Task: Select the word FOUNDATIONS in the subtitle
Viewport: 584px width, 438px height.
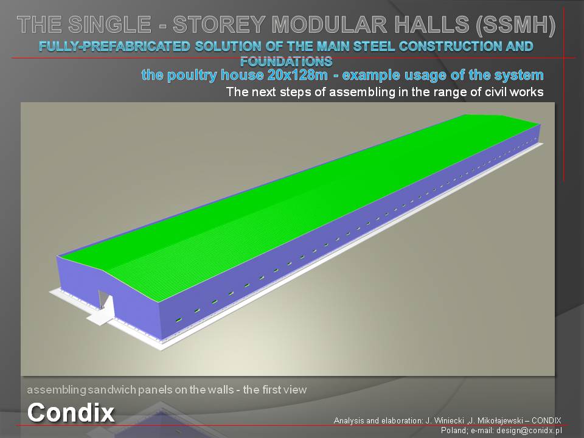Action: (x=286, y=61)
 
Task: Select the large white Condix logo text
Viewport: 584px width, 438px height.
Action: (x=71, y=412)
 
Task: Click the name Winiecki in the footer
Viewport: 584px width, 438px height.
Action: (x=449, y=420)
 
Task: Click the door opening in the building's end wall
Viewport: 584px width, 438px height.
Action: (x=104, y=299)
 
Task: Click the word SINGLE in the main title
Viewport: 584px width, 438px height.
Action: (x=110, y=24)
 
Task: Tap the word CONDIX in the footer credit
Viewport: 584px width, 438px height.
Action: (x=546, y=420)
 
